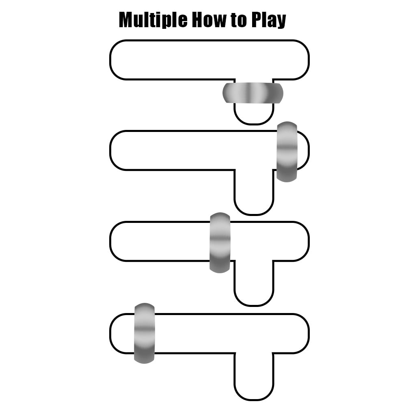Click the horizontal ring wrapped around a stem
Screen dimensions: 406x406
253,93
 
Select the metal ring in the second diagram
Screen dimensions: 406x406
287,151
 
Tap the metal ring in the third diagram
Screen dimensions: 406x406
220,242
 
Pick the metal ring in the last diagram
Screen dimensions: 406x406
145,333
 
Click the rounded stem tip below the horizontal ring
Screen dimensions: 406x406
253,114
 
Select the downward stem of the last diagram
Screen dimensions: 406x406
253,378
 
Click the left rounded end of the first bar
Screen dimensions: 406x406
120,60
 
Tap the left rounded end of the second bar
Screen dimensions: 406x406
120,150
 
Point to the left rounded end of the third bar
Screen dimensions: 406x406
120,241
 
